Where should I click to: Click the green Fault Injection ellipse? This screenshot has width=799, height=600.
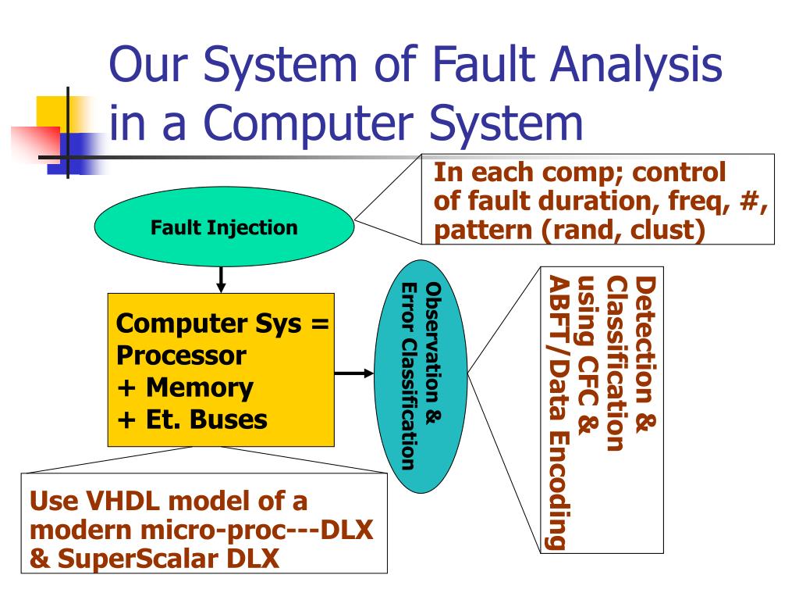[x=224, y=228]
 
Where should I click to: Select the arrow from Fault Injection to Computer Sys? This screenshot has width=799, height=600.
[x=221, y=278]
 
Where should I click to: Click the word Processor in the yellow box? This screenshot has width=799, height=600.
[x=181, y=355]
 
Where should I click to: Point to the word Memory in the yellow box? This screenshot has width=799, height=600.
[x=199, y=387]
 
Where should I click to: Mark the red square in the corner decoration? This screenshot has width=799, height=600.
[x=35, y=145]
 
